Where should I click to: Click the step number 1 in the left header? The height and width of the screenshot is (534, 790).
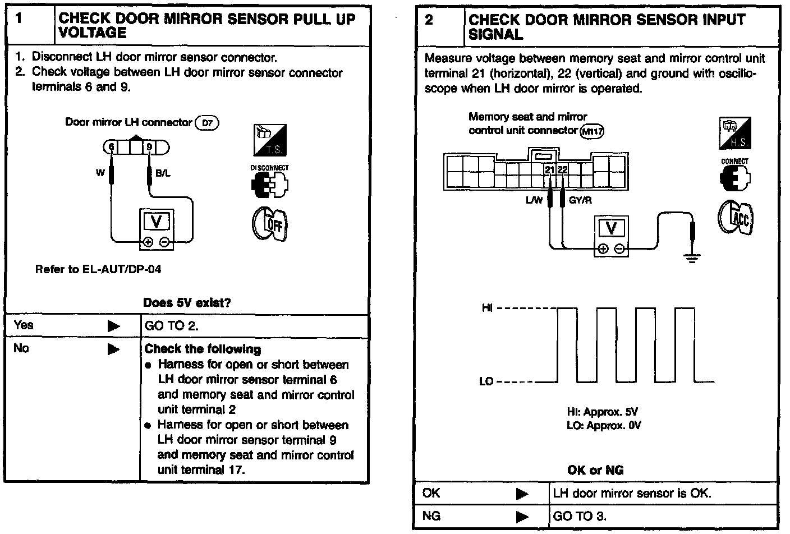19,19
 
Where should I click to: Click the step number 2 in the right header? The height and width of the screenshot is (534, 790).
429,20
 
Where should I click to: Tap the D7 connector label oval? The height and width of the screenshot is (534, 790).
206,123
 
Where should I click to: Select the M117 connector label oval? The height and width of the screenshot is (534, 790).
591,132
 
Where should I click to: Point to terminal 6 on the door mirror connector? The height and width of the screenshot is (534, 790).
111,148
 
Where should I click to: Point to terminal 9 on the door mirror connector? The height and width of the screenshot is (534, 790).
149,148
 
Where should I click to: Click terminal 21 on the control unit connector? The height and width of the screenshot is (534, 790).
550,169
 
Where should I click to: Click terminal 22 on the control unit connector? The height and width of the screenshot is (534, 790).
562,169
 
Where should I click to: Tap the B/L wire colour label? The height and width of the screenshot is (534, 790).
163,173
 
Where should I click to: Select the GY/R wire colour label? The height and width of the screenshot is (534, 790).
580,200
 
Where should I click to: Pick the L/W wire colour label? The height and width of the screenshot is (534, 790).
534,200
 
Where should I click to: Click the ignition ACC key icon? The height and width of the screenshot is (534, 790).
736,217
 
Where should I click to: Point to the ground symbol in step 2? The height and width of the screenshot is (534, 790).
693,258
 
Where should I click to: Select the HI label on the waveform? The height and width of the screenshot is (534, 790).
487,308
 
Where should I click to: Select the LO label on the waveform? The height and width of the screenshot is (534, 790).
486,382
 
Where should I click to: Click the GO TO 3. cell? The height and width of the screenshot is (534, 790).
580,516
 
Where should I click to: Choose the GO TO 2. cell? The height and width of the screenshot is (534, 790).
172,326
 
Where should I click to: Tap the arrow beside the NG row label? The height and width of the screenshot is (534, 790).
522,516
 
